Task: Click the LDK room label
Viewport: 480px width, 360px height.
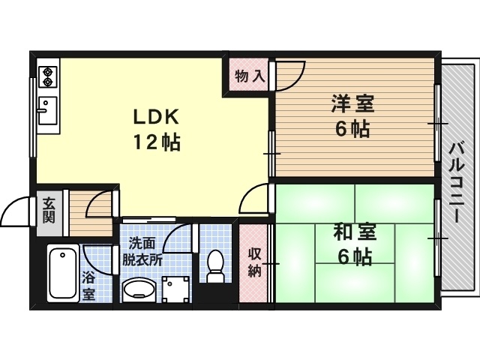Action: [x=156, y=117]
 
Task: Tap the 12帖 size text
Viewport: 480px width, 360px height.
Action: [x=156, y=142]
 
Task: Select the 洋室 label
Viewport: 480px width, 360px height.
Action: [x=352, y=104]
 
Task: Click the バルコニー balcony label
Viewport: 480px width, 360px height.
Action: [x=457, y=182]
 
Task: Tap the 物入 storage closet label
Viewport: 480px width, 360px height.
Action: [x=250, y=76]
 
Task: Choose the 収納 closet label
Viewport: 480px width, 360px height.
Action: [x=254, y=262]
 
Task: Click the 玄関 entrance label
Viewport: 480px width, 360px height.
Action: [x=49, y=211]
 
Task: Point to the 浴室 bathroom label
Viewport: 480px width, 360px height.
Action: [x=88, y=287]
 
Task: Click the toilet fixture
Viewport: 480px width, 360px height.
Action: [x=215, y=265]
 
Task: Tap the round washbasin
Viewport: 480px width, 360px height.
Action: [x=138, y=288]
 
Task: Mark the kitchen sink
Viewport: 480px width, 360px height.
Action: [x=47, y=110]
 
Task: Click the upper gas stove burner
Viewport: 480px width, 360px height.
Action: [x=47, y=72]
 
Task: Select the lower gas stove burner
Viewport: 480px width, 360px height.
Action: [x=47, y=82]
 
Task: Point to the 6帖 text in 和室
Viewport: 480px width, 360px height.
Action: [x=355, y=258]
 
